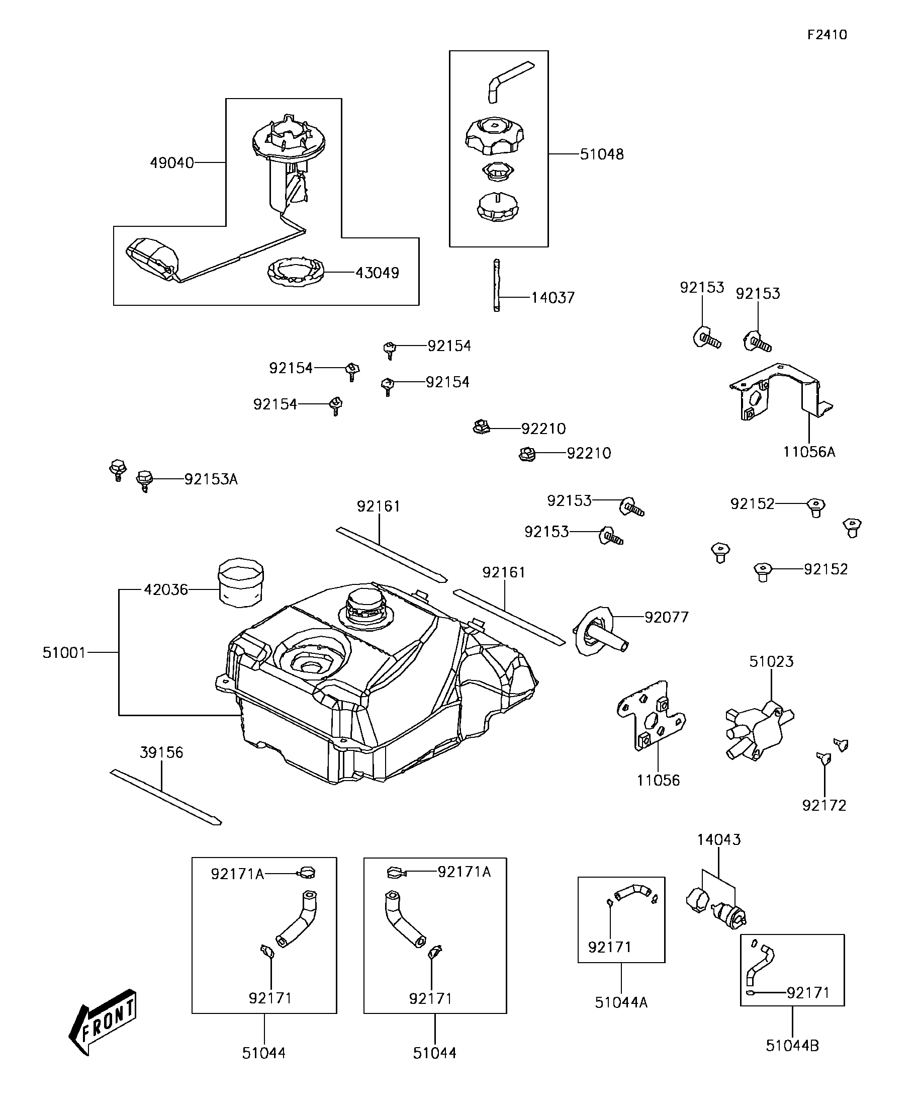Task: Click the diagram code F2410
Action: tap(826, 35)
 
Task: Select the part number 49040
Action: tap(171, 162)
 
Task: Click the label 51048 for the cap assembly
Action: tap(602, 154)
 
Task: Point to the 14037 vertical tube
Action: tap(496, 285)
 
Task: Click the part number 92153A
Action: tap(211, 479)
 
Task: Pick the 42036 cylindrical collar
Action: tap(241, 580)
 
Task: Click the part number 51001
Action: tap(64, 653)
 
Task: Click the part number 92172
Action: tap(824, 805)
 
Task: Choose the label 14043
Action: tap(718, 840)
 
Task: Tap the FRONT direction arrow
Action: tap(103, 1022)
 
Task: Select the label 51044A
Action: tap(621, 1002)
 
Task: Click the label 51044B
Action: tap(792, 1046)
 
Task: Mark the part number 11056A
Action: tap(809, 452)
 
